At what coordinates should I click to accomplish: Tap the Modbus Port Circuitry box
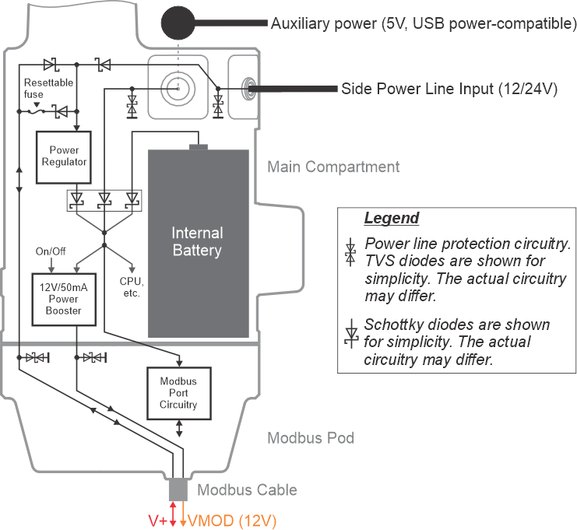(x=178, y=392)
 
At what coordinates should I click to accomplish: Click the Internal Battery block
(x=197, y=242)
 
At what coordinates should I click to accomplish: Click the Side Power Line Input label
(x=449, y=89)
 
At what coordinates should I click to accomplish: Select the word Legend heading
(x=391, y=218)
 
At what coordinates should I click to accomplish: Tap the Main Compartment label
(x=333, y=167)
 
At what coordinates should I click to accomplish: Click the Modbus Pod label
(x=311, y=438)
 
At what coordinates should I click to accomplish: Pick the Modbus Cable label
(x=247, y=490)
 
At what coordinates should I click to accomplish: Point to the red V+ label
(x=157, y=520)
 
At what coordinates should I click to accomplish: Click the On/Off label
(x=51, y=252)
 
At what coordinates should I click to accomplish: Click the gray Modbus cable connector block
(x=178, y=490)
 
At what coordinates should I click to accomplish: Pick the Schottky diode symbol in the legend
(x=351, y=332)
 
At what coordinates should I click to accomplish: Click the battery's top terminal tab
(x=199, y=146)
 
